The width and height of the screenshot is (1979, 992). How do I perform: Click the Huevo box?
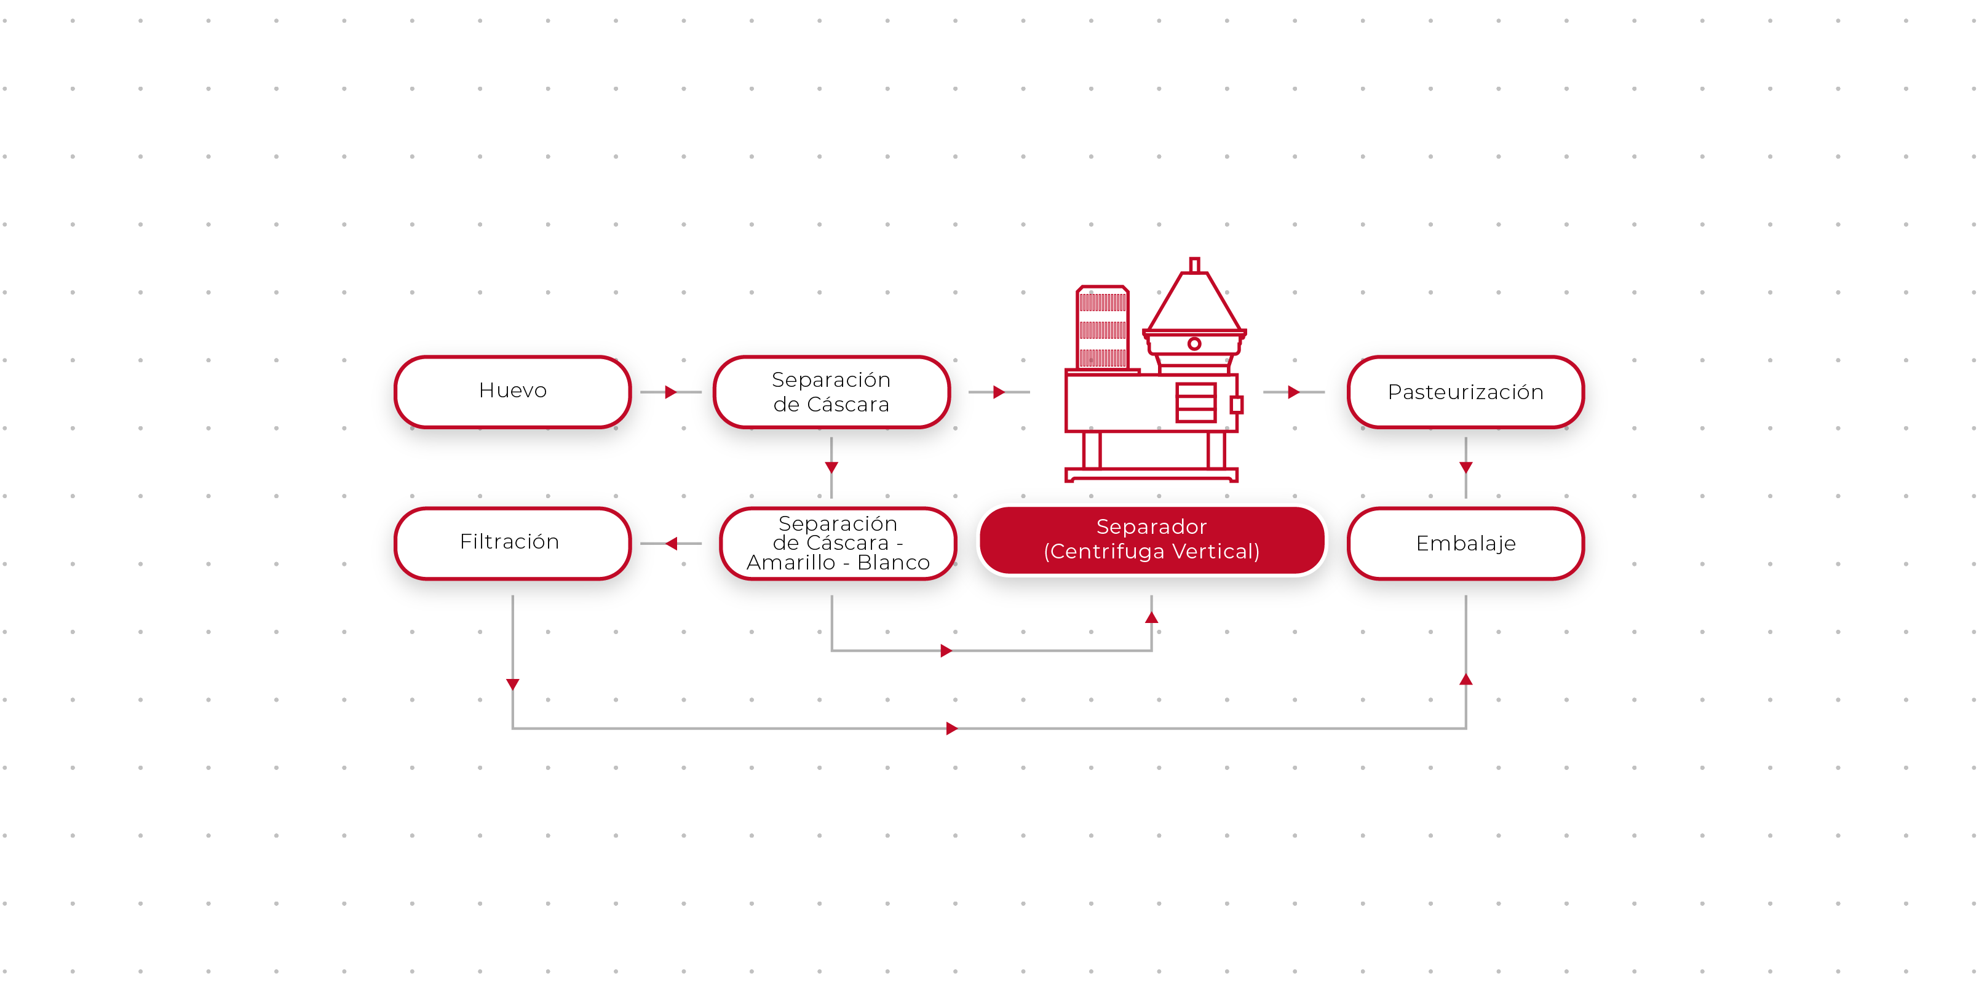(512, 391)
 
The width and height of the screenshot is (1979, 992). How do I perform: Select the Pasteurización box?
(1465, 392)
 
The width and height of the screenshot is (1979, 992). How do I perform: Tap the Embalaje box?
(1465, 543)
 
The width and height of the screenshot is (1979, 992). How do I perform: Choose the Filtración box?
(510, 542)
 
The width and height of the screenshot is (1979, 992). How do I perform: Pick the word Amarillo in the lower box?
(790, 563)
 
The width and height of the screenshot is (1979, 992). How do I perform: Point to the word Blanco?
(894, 563)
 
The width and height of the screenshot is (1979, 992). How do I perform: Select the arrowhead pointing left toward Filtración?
(671, 543)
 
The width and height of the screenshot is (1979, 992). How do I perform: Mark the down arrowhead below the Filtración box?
(512, 684)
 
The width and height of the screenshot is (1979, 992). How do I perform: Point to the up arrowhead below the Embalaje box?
(1465, 679)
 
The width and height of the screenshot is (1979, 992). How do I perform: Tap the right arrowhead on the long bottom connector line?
(952, 728)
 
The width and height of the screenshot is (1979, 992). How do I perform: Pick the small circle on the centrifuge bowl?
(1194, 343)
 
